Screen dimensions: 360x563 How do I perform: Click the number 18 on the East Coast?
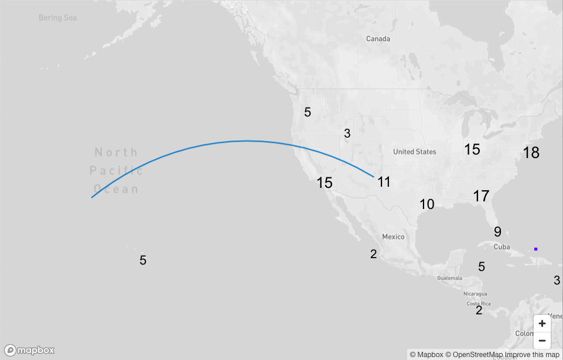[x=531, y=153]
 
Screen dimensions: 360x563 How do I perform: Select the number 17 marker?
[x=481, y=196]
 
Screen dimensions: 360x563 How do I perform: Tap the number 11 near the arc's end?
[x=384, y=182]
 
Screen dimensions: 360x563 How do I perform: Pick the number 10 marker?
[x=427, y=204]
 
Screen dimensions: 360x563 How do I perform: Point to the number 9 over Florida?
[x=497, y=232]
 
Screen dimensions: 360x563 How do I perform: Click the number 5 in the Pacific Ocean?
[x=143, y=260]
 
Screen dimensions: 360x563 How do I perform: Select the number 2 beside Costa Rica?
[x=479, y=310]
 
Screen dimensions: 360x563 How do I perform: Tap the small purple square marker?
[x=535, y=249]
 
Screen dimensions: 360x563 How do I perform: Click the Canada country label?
[x=378, y=39]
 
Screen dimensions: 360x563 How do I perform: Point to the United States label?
[x=415, y=152]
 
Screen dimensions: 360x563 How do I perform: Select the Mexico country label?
[x=393, y=236]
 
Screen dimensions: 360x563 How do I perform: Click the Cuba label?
[x=501, y=246]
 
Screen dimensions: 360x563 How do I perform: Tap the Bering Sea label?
[x=57, y=18]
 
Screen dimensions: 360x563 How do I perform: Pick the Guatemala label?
[x=449, y=277]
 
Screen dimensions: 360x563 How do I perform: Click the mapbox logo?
[x=30, y=350]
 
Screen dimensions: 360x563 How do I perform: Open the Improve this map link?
[x=532, y=355]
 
